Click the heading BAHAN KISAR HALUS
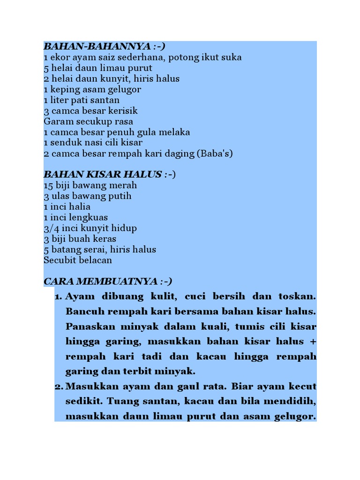click(x=103, y=174)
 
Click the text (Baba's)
click(x=215, y=154)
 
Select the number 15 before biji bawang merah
click(x=48, y=186)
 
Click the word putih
click(x=121, y=196)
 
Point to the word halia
click(x=80, y=207)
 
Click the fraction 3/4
click(x=51, y=228)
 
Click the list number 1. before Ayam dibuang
click(x=58, y=297)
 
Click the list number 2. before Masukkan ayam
click(x=58, y=387)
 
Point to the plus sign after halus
click(x=313, y=342)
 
